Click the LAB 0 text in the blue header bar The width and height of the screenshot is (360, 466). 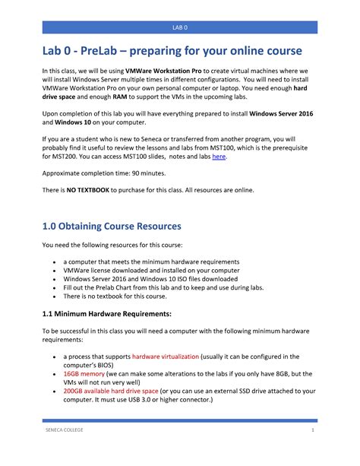click(x=179, y=27)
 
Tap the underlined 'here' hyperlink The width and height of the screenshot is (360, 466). click(x=219, y=156)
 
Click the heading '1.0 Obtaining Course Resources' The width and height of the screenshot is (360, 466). click(x=112, y=227)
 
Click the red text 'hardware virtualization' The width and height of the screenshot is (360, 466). click(x=166, y=356)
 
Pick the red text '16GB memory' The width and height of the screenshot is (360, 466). click(x=84, y=374)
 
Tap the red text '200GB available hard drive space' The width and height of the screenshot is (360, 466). click(x=118, y=392)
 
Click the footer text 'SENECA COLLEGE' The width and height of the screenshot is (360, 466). click(x=66, y=452)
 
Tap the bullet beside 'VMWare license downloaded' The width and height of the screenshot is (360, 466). click(x=54, y=270)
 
